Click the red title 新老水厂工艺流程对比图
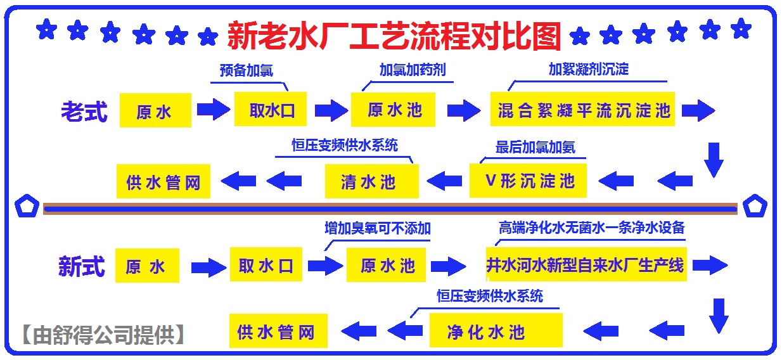(x=394, y=35)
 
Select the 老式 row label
(x=84, y=112)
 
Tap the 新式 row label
(x=81, y=266)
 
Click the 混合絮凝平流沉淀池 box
(x=582, y=109)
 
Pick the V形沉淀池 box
(x=528, y=181)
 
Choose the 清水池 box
(x=372, y=181)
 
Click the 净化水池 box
(x=496, y=330)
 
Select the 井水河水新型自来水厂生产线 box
(x=586, y=264)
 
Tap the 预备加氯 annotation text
(x=247, y=70)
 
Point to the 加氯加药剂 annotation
(x=413, y=70)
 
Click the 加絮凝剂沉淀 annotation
(x=589, y=69)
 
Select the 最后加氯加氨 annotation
(x=535, y=146)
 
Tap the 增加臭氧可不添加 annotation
(x=378, y=228)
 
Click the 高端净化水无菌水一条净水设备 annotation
(x=591, y=228)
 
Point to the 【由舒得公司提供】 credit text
(x=103, y=335)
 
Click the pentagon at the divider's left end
(x=27, y=206)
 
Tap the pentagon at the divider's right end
(x=755, y=206)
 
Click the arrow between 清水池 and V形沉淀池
(x=444, y=181)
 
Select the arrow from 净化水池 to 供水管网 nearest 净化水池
(x=405, y=330)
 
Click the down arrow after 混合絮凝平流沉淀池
(x=714, y=160)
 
